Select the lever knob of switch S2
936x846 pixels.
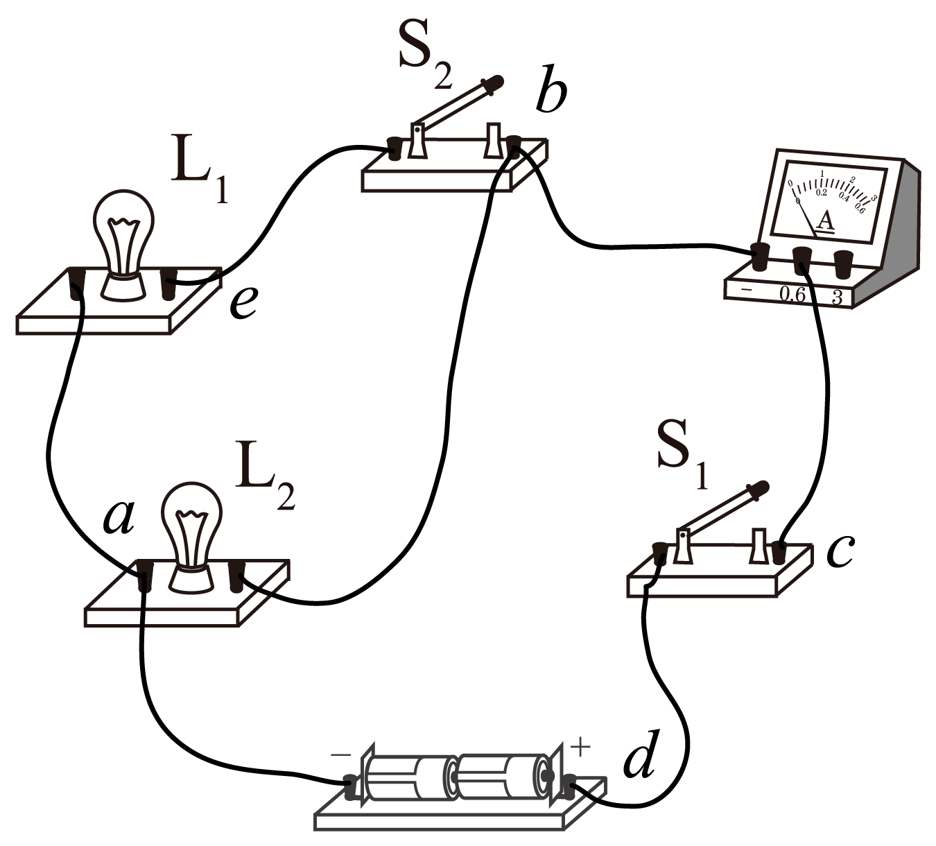[x=494, y=83]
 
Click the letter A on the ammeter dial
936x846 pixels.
[x=825, y=221]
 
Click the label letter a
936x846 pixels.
[x=118, y=517]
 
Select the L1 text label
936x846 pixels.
[x=200, y=173]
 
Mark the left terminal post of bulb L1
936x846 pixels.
[x=77, y=284]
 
